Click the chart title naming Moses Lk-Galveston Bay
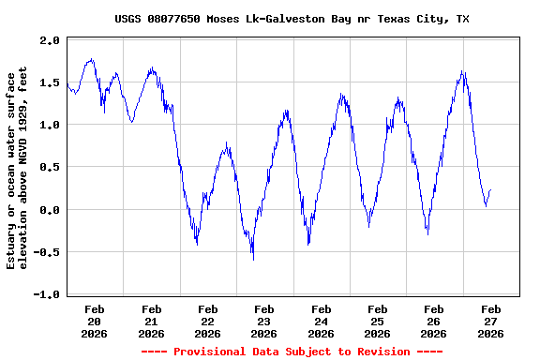tap(292, 19)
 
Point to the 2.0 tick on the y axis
tap(51, 40)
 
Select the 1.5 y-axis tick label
tap(51, 82)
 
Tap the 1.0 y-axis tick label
tap(51, 125)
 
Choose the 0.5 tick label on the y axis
tap(51, 168)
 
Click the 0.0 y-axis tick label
tap(51, 210)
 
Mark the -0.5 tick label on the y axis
tap(48, 252)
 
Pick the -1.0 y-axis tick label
tap(48, 294)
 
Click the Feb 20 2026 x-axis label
tap(95, 321)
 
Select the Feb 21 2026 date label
tap(151, 321)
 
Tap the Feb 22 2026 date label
tap(208, 321)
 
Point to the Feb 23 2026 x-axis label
tap(264, 321)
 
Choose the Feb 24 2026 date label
tap(321, 321)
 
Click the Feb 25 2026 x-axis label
tap(377, 321)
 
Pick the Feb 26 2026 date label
tap(433, 321)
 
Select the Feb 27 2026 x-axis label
tap(490, 321)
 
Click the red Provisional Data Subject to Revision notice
tap(292, 352)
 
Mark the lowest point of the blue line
tap(253, 260)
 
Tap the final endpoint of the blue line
tap(490, 190)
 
